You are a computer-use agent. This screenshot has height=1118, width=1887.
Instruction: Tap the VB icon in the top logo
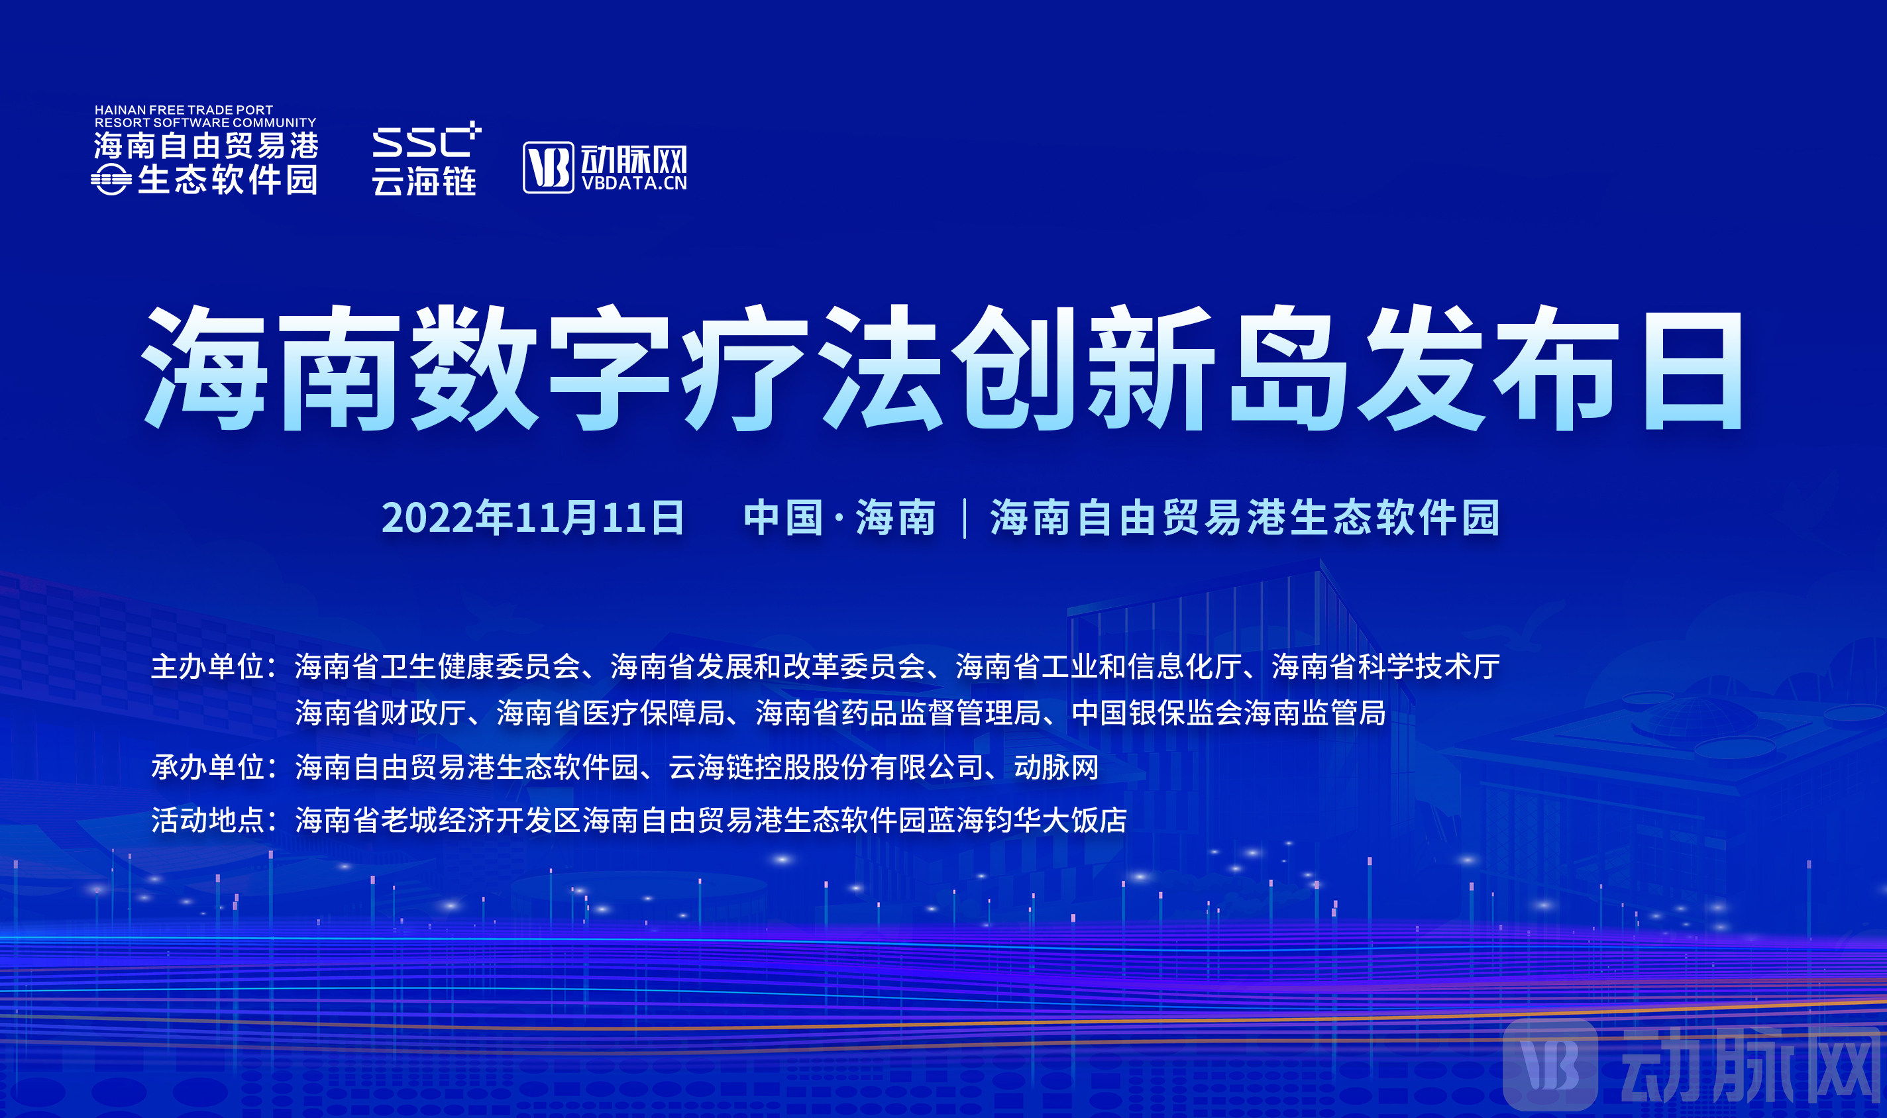tap(548, 168)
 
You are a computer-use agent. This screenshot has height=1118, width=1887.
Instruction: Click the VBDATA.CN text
tap(634, 183)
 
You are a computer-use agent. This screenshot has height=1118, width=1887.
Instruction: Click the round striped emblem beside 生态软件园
tap(111, 180)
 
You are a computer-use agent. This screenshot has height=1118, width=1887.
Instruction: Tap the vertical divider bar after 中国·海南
tap(965, 519)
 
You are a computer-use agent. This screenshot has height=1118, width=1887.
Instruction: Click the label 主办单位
tap(207, 667)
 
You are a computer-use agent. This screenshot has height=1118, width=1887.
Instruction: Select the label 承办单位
tap(207, 767)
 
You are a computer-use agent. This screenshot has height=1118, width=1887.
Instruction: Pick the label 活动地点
tap(207, 820)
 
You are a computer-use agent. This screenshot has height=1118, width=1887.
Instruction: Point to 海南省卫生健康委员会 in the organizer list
tap(438, 667)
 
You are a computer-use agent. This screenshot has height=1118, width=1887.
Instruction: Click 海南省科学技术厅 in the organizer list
tap(1386, 667)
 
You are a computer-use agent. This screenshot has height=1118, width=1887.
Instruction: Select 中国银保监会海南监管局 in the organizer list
tap(1228, 713)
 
